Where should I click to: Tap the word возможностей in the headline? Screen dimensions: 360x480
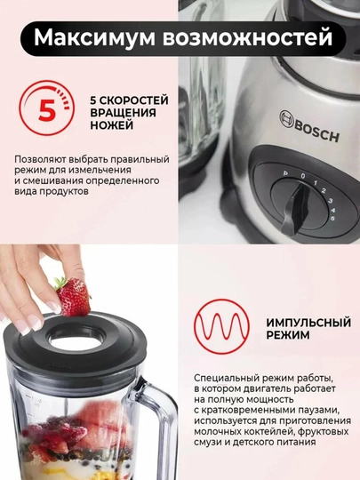247,38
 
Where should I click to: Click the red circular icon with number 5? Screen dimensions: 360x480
46,108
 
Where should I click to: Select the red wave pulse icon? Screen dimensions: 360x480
221,326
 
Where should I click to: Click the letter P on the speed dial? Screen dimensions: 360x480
285,173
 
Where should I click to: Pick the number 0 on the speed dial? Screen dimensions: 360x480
303,176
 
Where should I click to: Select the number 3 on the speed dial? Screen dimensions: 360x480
331,201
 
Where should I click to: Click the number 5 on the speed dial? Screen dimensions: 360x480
332,218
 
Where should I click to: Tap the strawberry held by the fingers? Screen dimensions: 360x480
73,296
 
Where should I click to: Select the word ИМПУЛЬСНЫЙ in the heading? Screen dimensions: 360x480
308,323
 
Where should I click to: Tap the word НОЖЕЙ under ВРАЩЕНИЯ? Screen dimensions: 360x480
111,125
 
